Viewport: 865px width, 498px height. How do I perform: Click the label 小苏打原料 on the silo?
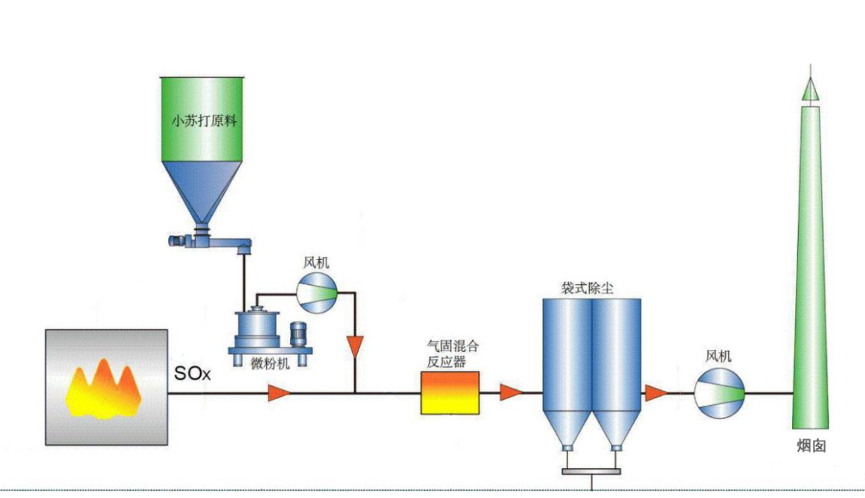pos(204,121)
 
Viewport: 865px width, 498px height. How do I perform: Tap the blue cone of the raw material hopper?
pos(204,190)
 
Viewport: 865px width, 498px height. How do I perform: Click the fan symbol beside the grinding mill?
pos(318,291)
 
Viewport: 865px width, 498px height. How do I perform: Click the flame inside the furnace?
pos(105,388)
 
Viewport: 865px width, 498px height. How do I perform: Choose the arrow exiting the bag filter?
pos(655,392)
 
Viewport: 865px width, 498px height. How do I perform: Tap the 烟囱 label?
pos(808,446)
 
